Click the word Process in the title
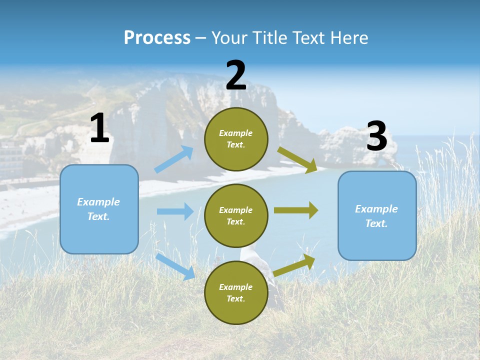(x=157, y=38)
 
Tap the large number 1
(x=99, y=129)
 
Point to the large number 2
(x=236, y=75)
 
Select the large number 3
(x=377, y=136)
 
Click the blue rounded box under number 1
(x=99, y=209)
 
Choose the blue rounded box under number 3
(x=377, y=215)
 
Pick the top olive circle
(x=236, y=138)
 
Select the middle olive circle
(x=236, y=215)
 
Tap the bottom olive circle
(x=236, y=292)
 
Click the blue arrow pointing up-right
(x=174, y=159)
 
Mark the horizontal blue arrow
(x=175, y=211)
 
